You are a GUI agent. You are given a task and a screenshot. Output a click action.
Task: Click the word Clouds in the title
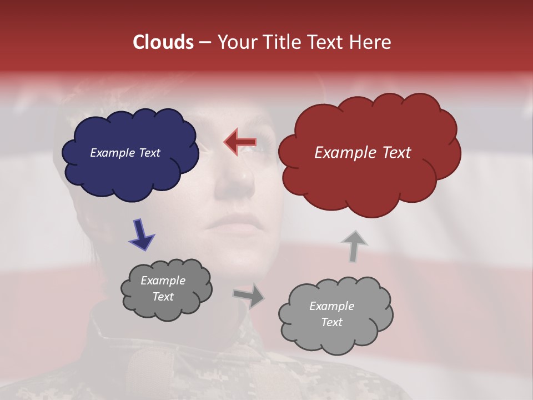click(x=163, y=42)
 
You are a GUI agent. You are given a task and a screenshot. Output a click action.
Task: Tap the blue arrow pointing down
click(x=141, y=234)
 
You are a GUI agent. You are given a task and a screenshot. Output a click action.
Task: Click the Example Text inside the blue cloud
click(x=125, y=153)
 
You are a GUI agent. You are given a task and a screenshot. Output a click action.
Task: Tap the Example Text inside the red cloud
click(x=363, y=153)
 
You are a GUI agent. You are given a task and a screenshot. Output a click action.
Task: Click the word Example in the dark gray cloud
click(x=163, y=281)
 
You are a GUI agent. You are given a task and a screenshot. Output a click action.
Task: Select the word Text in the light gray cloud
click(x=331, y=322)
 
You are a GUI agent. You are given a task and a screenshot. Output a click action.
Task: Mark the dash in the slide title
click(x=204, y=43)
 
